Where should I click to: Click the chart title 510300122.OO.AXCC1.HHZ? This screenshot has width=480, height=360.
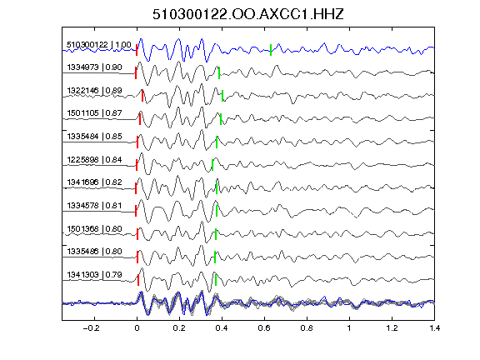pyautogui.click(x=248, y=14)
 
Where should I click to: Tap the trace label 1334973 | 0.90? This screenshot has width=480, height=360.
pyautogui.click(x=94, y=67)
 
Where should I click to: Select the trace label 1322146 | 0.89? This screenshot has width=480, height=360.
pyautogui.click(x=94, y=91)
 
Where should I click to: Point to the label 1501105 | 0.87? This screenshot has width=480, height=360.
pyautogui.click(x=94, y=113)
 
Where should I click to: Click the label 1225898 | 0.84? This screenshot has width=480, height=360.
pyautogui.click(x=94, y=160)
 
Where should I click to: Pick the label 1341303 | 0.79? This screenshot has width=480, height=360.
pyautogui.click(x=94, y=275)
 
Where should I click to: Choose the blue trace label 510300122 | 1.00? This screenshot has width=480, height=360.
pyautogui.click(x=99, y=45)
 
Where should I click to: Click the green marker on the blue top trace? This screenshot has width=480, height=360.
pyautogui.click(x=271, y=50)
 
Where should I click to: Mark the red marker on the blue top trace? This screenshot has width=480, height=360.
pyautogui.click(x=137, y=50)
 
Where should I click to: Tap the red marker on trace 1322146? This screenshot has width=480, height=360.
pyautogui.click(x=142, y=96)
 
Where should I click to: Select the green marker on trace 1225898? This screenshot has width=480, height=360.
pyautogui.click(x=212, y=165)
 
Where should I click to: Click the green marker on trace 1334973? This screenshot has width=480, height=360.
pyautogui.click(x=219, y=72)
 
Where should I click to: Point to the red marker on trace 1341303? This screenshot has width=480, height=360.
pyautogui.click(x=138, y=280)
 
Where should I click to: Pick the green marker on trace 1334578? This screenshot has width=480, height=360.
pyautogui.click(x=217, y=211)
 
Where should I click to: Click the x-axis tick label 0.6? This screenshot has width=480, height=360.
pyautogui.click(x=264, y=328)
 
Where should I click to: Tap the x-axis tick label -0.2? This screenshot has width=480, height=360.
pyautogui.click(x=91, y=328)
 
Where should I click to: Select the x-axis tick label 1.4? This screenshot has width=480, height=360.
pyautogui.click(x=434, y=328)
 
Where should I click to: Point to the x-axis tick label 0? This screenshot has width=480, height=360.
pyautogui.click(x=137, y=328)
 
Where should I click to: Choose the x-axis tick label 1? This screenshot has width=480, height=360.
pyautogui.click(x=349, y=328)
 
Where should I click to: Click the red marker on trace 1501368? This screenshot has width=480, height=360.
pyautogui.click(x=137, y=234)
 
